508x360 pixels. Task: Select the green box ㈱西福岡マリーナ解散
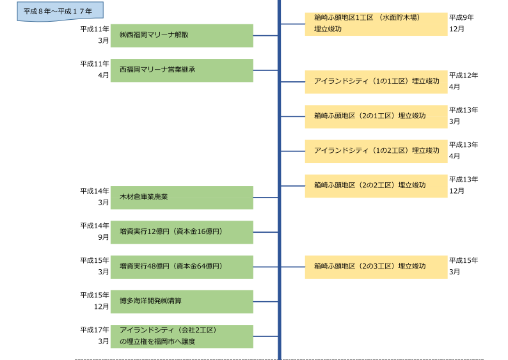point(182,35)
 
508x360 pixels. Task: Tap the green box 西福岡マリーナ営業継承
point(182,70)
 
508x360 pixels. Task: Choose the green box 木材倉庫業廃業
point(182,197)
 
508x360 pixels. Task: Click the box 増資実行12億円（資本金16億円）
point(182,231)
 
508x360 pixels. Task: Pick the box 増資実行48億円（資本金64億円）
point(182,267)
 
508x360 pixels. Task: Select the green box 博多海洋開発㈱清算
point(182,301)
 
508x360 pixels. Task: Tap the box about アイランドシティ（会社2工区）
point(182,336)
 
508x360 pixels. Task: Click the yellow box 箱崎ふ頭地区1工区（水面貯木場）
point(376,24)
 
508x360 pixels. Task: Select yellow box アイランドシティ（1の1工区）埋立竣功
point(376,82)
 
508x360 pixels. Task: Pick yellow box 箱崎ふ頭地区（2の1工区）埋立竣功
point(376,116)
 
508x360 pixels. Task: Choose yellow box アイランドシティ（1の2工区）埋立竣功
point(376,151)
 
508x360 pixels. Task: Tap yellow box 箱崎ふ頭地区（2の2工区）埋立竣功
point(376,185)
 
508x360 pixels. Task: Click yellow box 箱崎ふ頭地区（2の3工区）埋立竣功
point(376,267)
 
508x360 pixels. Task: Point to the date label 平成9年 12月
point(461,24)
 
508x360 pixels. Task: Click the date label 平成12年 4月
point(463,81)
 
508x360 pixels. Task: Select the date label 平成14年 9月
point(95,231)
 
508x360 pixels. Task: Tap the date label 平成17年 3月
point(95,336)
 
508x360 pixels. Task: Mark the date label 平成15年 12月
point(95,301)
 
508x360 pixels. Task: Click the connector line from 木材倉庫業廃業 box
point(266,198)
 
